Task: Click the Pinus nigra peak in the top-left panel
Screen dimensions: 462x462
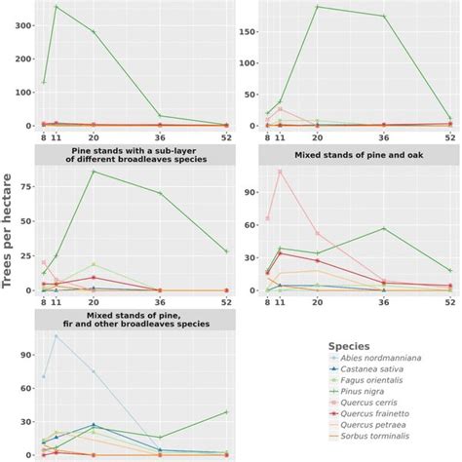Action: (56, 7)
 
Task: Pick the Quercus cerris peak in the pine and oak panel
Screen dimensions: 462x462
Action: (280, 172)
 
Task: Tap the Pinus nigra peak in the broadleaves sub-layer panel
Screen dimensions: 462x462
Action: (93, 172)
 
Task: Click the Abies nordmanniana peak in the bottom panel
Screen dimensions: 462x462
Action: (56, 336)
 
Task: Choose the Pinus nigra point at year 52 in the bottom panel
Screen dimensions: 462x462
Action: (226, 411)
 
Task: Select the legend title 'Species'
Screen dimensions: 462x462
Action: (347, 346)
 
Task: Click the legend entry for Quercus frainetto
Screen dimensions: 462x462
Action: (382, 425)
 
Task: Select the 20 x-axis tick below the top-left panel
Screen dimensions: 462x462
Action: (93, 138)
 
